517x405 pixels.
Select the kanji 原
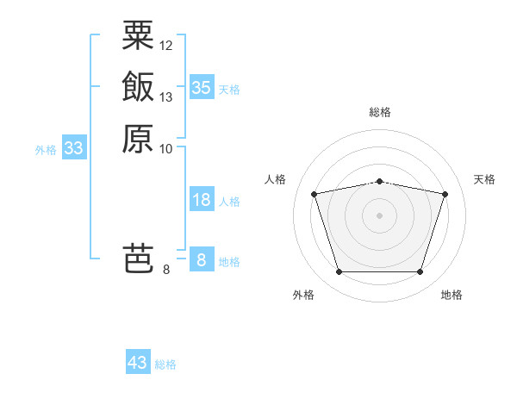(138, 138)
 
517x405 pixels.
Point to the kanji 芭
(138, 258)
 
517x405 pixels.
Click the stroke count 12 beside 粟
(166, 45)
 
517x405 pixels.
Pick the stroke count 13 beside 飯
(166, 97)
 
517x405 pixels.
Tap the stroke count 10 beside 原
(166, 148)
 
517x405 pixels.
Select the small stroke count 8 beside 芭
(166, 269)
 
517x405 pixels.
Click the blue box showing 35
(201, 87)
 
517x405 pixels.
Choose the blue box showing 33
(74, 148)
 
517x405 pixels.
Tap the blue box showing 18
(201, 200)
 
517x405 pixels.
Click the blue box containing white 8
(201, 259)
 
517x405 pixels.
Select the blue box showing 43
(138, 363)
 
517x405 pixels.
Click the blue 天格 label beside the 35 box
(229, 89)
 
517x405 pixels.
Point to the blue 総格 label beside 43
(165, 364)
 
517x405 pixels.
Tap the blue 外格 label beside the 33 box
(46, 150)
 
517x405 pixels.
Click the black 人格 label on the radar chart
(275, 179)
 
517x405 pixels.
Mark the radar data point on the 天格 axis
(445, 194)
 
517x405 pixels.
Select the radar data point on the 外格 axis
(339, 272)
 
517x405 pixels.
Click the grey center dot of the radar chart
(379, 215)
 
